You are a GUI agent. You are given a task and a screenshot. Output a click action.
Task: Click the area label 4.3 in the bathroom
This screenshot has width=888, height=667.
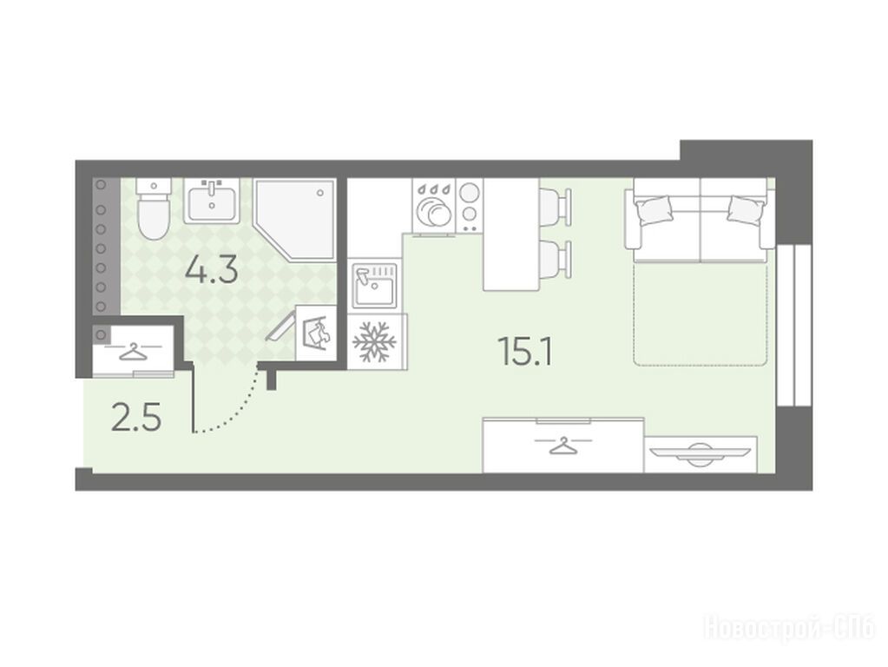click(x=211, y=271)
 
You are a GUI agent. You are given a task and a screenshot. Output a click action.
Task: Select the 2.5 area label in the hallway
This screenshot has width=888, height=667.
click(x=136, y=418)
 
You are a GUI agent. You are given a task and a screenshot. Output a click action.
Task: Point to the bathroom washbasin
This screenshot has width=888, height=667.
click(x=211, y=201)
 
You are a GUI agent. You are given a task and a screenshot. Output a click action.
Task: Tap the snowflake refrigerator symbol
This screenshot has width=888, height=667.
click(x=374, y=341)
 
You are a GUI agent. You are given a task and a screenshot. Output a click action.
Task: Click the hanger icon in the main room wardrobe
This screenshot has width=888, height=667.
click(x=563, y=446)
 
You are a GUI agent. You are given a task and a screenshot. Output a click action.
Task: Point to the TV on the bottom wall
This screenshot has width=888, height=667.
click(x=701, y=453)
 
